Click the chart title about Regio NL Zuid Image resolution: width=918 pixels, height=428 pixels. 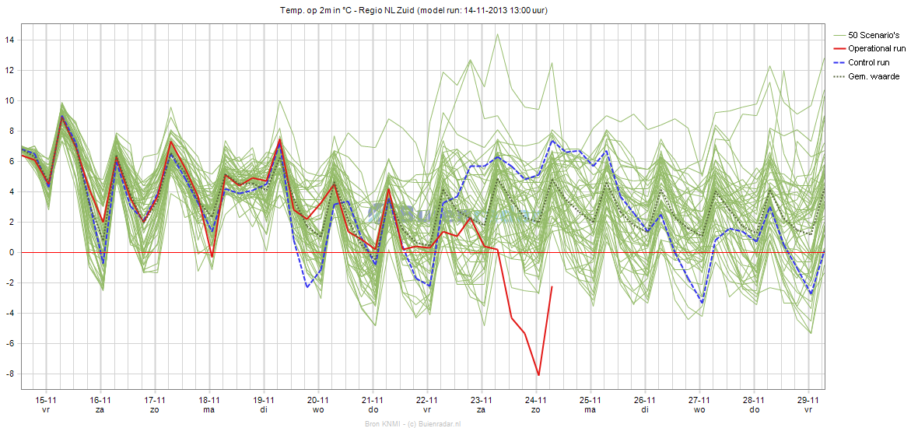[x=419, y=10]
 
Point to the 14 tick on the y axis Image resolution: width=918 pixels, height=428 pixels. [x=10, y=40]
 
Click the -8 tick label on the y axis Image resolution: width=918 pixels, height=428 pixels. [x=10, y=374]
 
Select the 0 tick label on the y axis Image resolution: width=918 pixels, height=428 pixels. [x=12, y=253]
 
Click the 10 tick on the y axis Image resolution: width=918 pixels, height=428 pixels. [x=10, y=100]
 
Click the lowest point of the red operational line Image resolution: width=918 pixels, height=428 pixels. [x=538, y=375]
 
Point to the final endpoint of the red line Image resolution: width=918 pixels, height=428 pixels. [x=552, y=287]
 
